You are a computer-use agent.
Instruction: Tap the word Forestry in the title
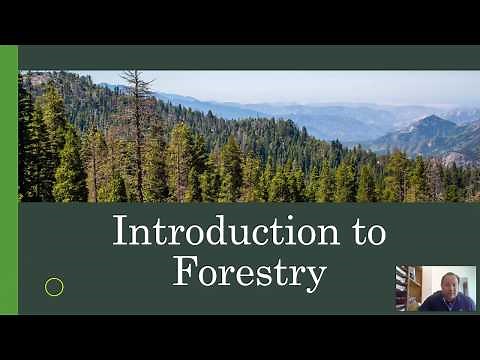coord(249,271)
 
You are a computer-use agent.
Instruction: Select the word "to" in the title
coord(363,232)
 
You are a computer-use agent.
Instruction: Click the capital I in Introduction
coord(120,231)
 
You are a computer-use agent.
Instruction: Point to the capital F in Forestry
coord(183,271)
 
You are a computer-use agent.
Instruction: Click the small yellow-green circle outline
coord(55,287)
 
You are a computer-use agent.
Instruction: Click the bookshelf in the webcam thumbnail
coord(402,288)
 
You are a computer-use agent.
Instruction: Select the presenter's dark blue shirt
coord(445,303)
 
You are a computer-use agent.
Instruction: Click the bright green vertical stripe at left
coord(9,180)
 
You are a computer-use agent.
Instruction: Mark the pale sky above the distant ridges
coord(300,85)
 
